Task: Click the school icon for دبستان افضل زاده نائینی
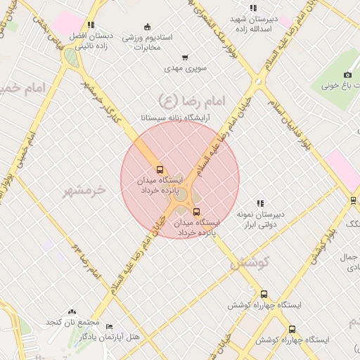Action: tap(91, 25)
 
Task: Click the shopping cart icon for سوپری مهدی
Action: tap(185, 58)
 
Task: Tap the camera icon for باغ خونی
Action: tap(347, 75)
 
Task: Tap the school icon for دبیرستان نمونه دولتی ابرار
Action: tap(260, 203)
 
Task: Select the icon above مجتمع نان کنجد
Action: tap(72, 311)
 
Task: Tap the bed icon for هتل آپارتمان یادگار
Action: tap(109, 327)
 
